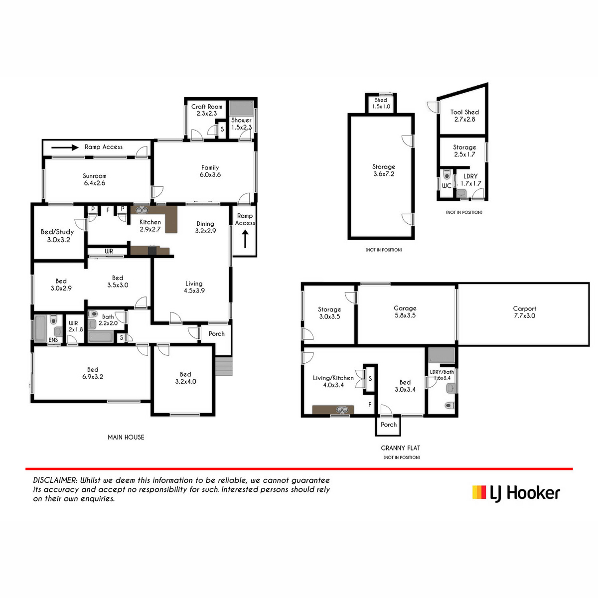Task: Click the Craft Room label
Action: [x=206, y=107]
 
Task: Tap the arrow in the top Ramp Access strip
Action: [x=65, y=148]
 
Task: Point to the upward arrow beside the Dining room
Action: [x=245, y=239]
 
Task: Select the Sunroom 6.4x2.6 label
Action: [x=94, y=179]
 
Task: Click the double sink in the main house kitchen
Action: [x=142, y=210]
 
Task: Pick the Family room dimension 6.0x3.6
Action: [x=210, y=175]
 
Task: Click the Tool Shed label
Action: [x=464, y=112]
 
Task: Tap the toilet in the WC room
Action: [x=447, y=174]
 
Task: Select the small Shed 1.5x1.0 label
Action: [x=381, y=103]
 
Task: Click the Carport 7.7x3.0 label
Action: [x=524, y=312]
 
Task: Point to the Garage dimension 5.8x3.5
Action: [x=405, y=315]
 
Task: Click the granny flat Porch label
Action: [x=389, y=425]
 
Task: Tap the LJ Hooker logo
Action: [x=516, y=493]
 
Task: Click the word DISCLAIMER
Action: [x=55, y=480]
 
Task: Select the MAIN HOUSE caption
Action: [x=126, y=437]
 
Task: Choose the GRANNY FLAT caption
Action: [x=400, y=448]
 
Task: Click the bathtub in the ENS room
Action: [x=40, y=328]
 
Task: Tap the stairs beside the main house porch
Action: [x=224, y=366]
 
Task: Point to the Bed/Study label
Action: [x=57, y=232]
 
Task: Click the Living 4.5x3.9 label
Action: [x=194, y=287]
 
